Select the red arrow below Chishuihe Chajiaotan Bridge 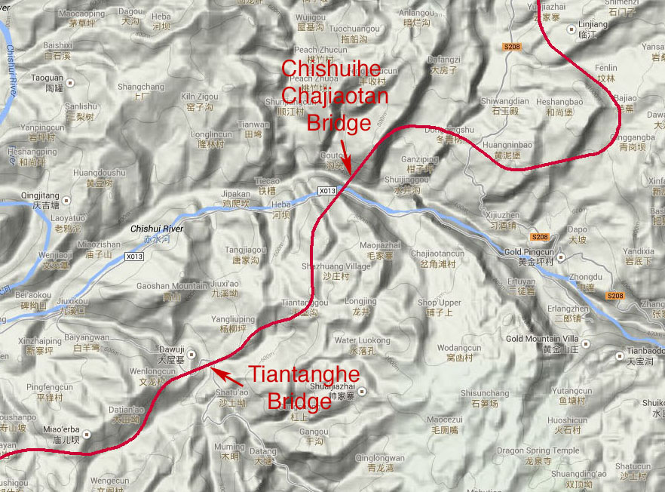(x=343, y=155)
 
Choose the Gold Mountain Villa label (x=542, y=339)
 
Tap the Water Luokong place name (x=362, y=340)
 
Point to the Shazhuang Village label (x=336, y=266)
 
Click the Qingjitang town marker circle (x=67, y=200)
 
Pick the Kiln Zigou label (x=200, y=97)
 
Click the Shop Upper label (x=439, y=303)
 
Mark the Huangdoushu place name (x=99, y=173)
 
